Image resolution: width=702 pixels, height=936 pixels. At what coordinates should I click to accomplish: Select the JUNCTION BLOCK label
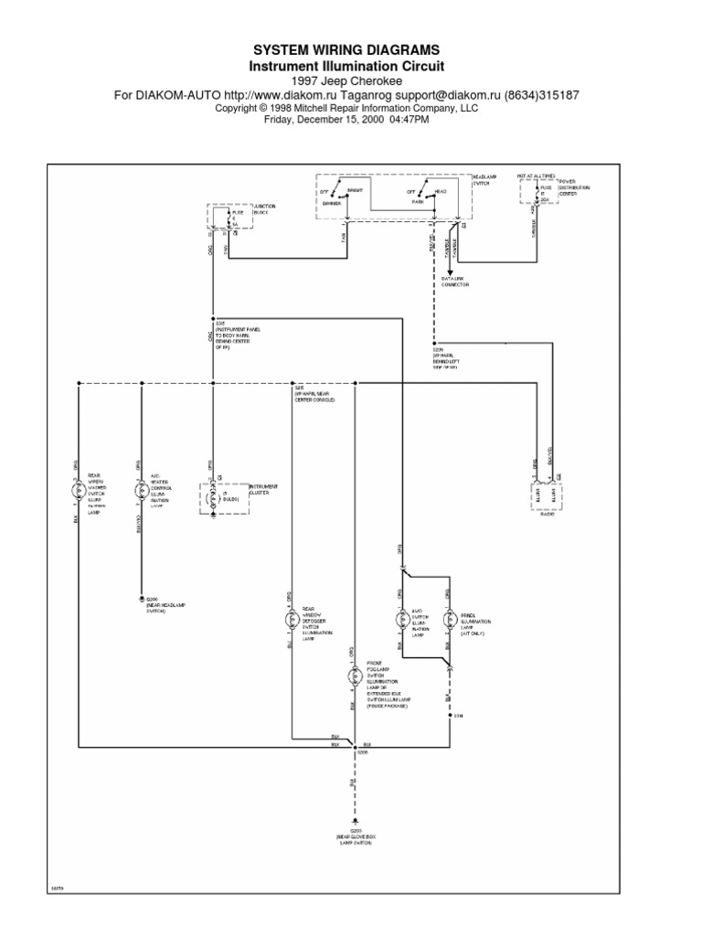tap(263, 209)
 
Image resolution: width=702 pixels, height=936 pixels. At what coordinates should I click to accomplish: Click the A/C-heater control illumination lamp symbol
tap(141, 491)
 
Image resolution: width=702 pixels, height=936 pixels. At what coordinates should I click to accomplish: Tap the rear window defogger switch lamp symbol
tap(292, 619)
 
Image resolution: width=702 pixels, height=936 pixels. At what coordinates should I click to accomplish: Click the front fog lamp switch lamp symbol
tap(355, 677)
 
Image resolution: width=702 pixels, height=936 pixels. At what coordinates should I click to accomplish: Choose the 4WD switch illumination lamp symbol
tap(400, 619)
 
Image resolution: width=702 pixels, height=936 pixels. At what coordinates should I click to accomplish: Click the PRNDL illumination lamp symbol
tap(449, 620)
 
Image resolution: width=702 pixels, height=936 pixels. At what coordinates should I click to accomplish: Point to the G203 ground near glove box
tap(355, 824)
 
